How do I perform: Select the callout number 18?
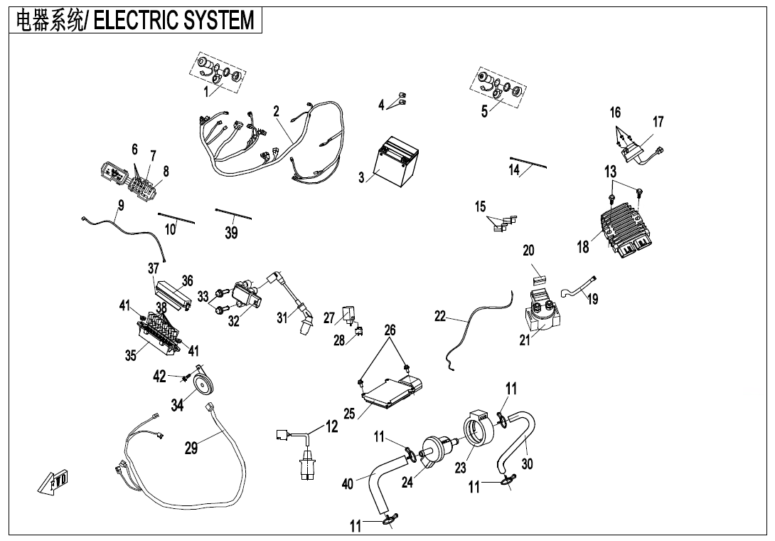point(583,247)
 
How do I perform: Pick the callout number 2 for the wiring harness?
point(276,111)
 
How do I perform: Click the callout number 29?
point(191,448)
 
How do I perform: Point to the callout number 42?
point(160,376)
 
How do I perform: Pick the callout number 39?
point(231,232)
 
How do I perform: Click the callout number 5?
point(484,111)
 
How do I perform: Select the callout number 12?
point(332,426)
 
